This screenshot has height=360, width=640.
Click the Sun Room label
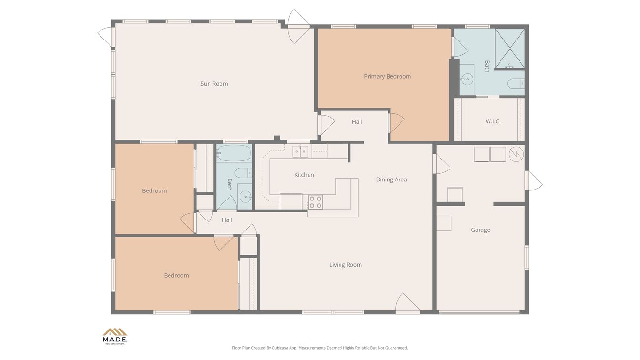(x=214, y=84)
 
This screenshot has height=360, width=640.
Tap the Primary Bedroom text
(x=387, y=76)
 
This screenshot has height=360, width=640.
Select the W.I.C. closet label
(x=493, y=121)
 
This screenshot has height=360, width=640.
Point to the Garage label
(x=480, y=230)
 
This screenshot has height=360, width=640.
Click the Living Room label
(x=345, y=265)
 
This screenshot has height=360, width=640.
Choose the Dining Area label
(x=391, y=180)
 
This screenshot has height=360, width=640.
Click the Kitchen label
(x=304, y=175)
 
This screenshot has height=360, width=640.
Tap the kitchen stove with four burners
(x=315, y=202)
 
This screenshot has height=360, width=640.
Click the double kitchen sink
(x=300, y=151)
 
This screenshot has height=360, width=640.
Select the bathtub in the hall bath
(x=234, y=153)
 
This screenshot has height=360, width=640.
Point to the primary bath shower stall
(x=510, y=49)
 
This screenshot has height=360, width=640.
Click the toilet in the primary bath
(x=516, y=83)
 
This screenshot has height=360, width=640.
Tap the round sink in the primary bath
(x=467, y=79)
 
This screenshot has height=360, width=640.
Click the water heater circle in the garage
(x=516, y=155)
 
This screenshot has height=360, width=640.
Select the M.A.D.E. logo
(x=115, y=336)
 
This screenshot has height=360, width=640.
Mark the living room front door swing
(x=408, y=303)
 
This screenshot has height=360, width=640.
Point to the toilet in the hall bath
(x=243, y=173)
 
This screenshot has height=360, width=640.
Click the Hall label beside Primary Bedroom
(x=357, y=122)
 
